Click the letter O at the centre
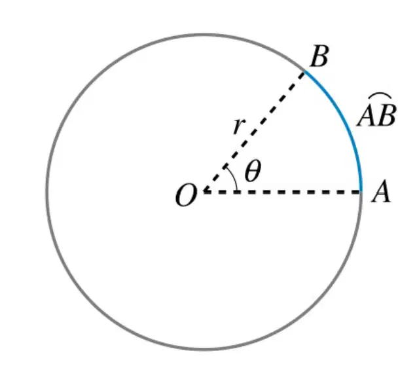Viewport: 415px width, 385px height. (x=187, y=195)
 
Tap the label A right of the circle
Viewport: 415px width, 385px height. (x=381, y=191)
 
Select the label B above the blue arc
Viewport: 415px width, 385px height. (x=319, y=56)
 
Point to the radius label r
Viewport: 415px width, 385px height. (x=239, y=126)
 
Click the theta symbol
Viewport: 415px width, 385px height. (x=253, y=171)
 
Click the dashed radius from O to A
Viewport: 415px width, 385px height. (x=282, y=192)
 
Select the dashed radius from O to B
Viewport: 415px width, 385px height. (x=254, y=132)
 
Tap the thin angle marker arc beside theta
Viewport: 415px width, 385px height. (x=234, y=177)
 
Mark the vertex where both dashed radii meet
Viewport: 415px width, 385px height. (x=204, y=191)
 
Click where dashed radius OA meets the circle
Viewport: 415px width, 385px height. (x=361, y=191)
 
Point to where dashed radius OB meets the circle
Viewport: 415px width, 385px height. (x=304, y=71)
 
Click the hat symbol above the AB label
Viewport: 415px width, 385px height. (x=380, y=96)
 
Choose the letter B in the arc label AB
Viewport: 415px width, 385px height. (x=387, y=115)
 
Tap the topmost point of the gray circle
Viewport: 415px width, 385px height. (x=204, y=35)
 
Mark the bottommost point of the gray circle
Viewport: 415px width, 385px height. (x=204, y=350)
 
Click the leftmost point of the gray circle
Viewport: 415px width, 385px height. (x=47, y=192)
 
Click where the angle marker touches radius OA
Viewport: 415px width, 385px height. (x=238, y=191)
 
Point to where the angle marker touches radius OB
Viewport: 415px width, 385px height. (x=226, y=166)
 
